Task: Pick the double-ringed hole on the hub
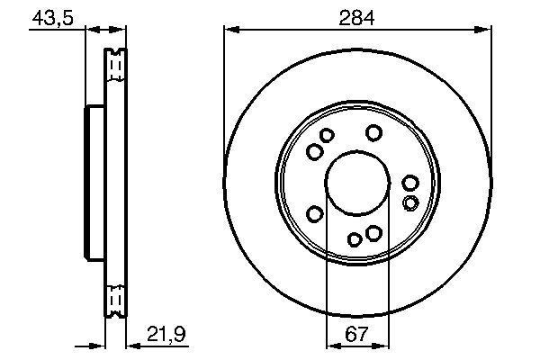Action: pyautogui.click(x=410, y=201)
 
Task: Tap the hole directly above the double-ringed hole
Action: pyautogui.click(x=410, y=184)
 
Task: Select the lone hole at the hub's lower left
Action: pyautogui.click(x=315, y=213)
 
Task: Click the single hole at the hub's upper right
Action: pyautogui.click(x=373, y=133)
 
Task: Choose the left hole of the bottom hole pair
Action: pyautogui.click(x=355, y=238)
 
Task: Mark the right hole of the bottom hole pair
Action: pyautogui.click(x=373, y=234)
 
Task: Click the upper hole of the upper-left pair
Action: pyautogui.click(x=327, y=136)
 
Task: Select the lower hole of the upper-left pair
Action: pyautogui.click(x=314, y=151)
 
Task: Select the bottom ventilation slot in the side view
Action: pyautogui.click(x=114, y=298)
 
